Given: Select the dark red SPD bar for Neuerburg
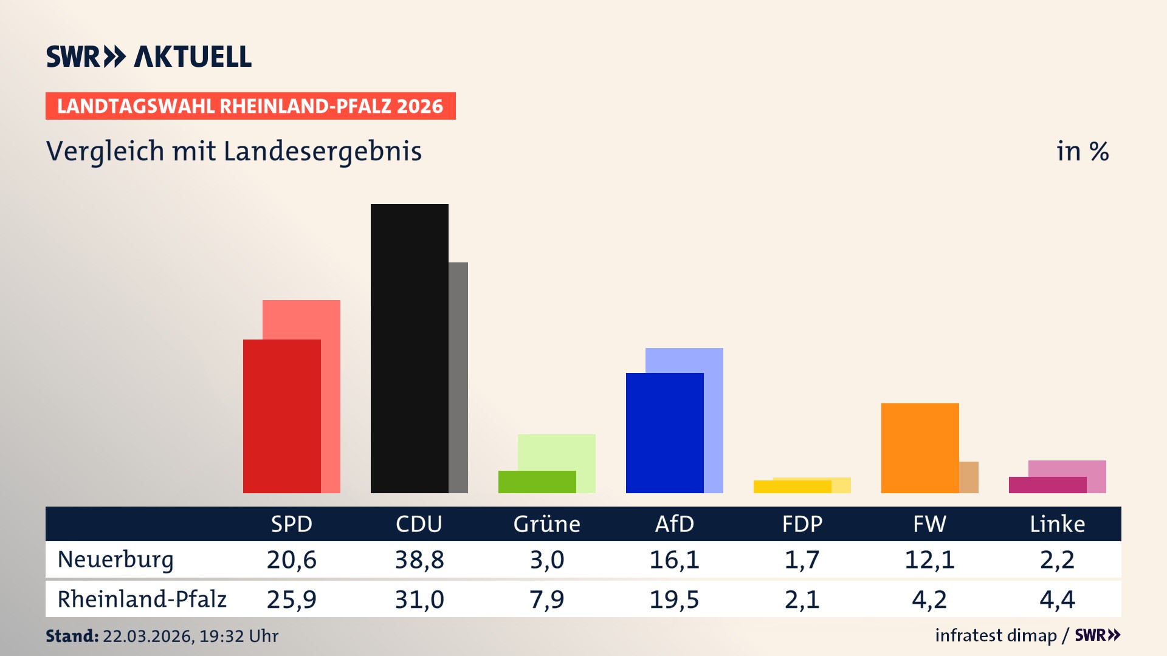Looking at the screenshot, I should (281, 416).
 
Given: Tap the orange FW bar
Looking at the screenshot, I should (920, 448).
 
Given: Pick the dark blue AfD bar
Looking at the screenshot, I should (664, 432).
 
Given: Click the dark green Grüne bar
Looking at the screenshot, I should (537, 482).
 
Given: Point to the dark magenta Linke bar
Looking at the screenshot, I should (1047, 485).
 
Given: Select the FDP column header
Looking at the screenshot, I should (802, 524).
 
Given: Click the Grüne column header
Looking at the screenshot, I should (546, 524).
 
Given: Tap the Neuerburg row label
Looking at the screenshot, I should (115, 559).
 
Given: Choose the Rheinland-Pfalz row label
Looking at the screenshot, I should (142, 599).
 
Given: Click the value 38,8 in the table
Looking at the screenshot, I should (419, 559).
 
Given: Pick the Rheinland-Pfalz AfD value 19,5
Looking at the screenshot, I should (674, 600).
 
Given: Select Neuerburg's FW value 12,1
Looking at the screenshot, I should (929, 559).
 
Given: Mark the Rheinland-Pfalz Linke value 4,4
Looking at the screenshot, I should (1057, 600).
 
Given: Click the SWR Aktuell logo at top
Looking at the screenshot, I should (149, 56).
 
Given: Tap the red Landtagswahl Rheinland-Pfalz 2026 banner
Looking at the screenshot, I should (250, 106).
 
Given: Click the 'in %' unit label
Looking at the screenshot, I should (1082, 151).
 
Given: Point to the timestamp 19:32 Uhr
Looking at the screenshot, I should (238, 636).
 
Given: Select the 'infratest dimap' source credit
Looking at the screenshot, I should (996, 635).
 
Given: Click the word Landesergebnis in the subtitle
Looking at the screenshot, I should (322, 151).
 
